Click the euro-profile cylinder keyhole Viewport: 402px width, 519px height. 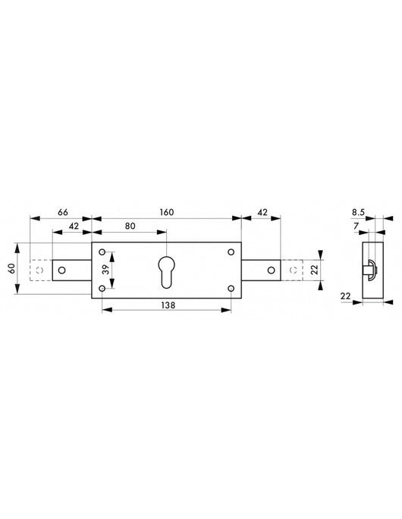166,271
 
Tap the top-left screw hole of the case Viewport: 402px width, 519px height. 102,252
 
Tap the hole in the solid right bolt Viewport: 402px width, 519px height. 270,270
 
